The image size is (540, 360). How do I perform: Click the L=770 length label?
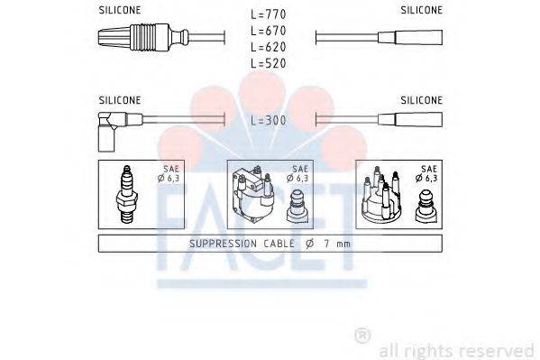(270, 14)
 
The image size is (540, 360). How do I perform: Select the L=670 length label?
(270, 31)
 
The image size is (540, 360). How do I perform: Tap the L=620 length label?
(270, 46)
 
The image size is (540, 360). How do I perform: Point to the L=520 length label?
(270, 62)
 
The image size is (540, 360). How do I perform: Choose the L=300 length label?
(270, 120)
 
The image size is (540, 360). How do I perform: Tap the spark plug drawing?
(126, 194)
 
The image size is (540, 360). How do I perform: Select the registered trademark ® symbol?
(362, 336)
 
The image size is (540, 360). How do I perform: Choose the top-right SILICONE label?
(421, 11)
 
